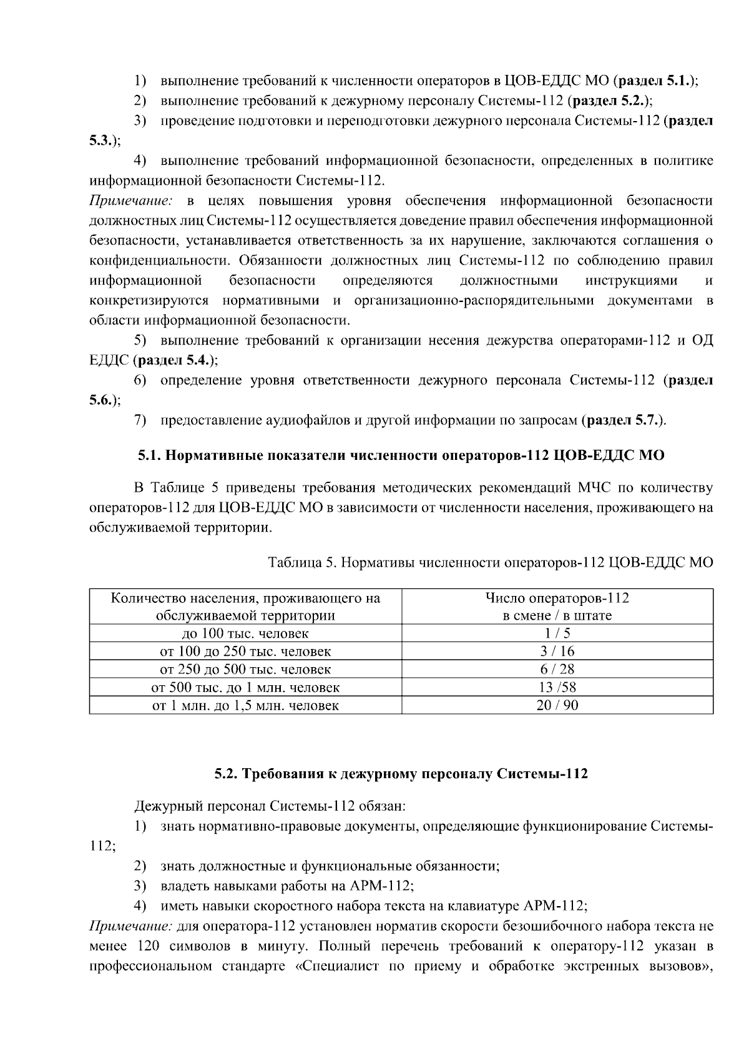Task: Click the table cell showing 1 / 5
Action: (x=557, y=633)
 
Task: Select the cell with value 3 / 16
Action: (x=557, y=652)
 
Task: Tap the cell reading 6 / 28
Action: (x=557, y=670)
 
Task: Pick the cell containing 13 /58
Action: (x=557, y=688)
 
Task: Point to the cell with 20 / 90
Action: (x=557, y=706)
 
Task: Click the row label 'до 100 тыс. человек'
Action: (x=245, y=633)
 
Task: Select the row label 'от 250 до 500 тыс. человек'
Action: (x=245, y=670)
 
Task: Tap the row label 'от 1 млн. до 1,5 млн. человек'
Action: (x=245, y=706)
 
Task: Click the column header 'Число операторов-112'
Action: (x=557, y=598)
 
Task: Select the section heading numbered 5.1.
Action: (x=401, y=456)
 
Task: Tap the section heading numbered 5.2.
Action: (x=401, y=774)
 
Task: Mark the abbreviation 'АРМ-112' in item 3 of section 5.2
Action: (x=379, y=886)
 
